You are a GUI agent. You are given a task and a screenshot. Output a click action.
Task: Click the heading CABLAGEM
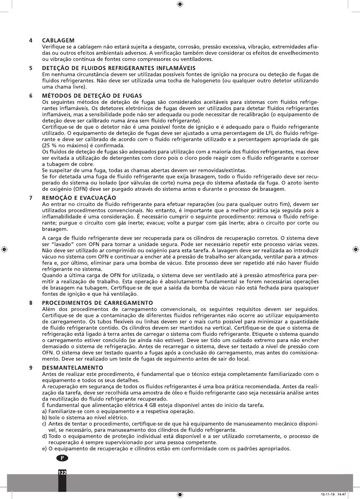coord(58,40)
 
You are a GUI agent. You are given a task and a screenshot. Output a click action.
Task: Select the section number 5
coord(30,68)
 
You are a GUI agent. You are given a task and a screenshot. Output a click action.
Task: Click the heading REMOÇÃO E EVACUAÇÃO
coord(79,198)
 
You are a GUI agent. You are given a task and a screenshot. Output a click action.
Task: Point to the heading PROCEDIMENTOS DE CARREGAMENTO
coord(97,303)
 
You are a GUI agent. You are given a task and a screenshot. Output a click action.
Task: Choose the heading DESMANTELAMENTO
coord(72,368)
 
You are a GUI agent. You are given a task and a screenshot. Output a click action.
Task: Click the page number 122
coord(62,473)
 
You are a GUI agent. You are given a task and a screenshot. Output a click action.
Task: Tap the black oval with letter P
coord(63,458)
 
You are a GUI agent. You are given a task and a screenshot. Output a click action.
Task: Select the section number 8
coord(30,303)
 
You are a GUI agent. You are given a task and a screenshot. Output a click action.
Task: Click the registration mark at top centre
coord(180,4)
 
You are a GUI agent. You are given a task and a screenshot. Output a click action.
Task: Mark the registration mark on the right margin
coord(356,249)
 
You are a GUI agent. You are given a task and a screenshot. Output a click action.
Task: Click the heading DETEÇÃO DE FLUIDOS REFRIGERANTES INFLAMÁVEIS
coord(118,68)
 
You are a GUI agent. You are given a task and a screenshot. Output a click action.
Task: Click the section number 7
coord(30,198)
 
